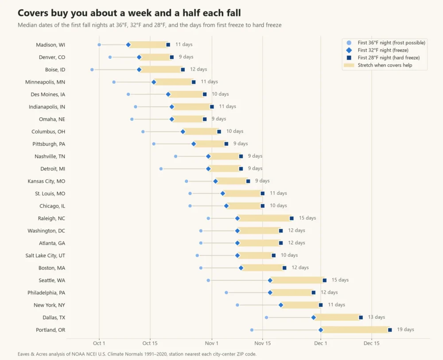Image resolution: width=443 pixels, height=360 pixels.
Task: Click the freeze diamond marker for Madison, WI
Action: (x=128, y=45)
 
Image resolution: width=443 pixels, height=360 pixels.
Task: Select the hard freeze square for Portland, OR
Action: (x=390, y=330)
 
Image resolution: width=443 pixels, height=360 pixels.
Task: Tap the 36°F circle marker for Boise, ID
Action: (x=92, y=70)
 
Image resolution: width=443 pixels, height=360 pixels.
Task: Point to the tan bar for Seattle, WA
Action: (x=297, y=280)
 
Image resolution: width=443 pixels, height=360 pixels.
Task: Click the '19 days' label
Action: (x=405, y=329)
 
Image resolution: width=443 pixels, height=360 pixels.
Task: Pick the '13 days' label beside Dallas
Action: (x=376, y=317)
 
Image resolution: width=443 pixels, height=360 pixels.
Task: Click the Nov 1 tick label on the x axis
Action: (x=212, y=343)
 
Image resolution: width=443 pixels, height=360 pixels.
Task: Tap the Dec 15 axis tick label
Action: (x=372, y=343)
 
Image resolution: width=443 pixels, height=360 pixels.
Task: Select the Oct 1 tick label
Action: (x=99, y=343)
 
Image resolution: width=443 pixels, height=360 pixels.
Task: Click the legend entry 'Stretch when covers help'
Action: (x=385, y=65)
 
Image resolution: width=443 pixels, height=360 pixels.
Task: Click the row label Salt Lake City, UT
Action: (x=45, y=255)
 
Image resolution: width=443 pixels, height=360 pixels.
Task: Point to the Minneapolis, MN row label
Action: (x=45, y=82)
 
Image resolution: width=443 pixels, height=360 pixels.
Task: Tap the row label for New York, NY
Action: (x=50, y=305)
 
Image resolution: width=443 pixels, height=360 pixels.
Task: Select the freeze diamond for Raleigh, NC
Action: (x=237, y=218)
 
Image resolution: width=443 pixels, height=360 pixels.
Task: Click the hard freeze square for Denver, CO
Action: (x=172, y=57)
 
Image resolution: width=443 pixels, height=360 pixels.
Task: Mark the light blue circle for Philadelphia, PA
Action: (x=226, y=293)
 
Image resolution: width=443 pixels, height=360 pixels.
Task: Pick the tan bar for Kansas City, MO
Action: (x=232, y=181)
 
